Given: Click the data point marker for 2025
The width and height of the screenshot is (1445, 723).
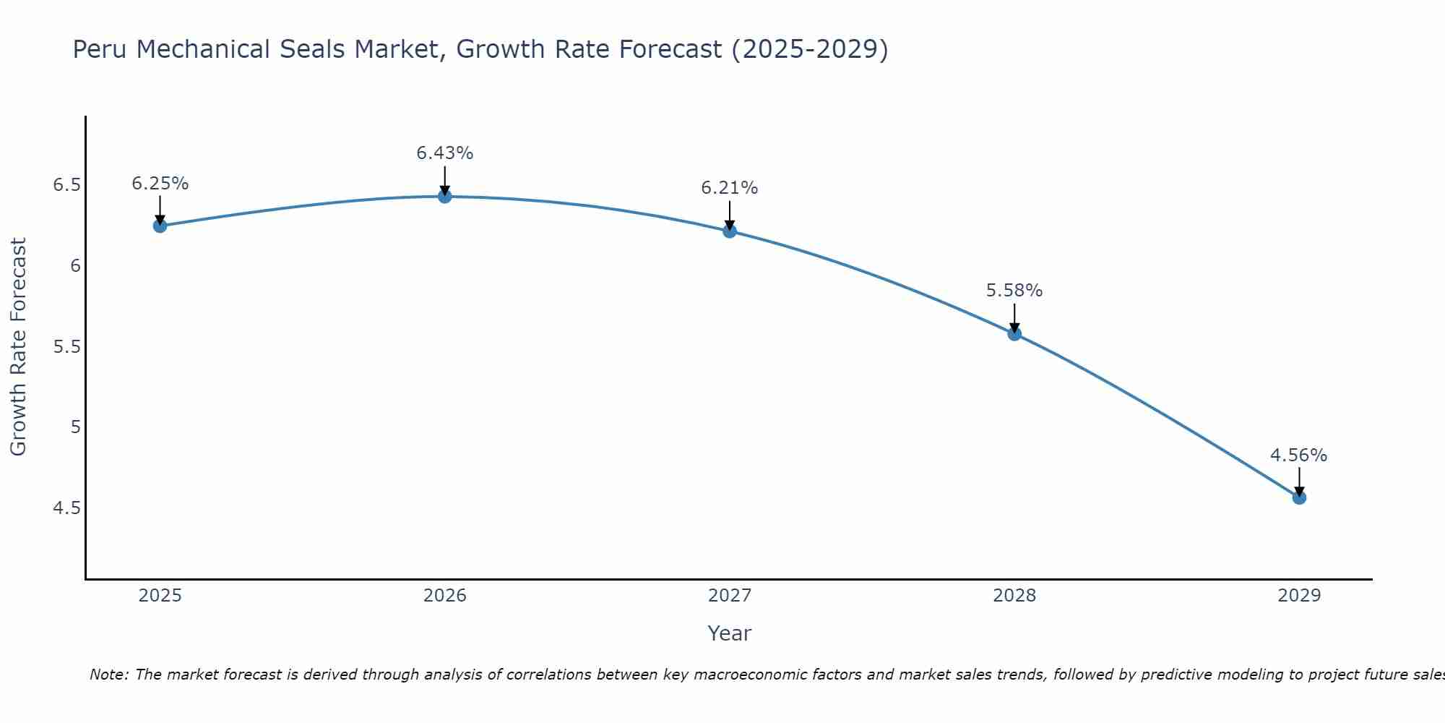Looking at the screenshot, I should tap(160, 226).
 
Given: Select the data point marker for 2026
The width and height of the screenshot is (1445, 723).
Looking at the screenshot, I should tap(444, 196).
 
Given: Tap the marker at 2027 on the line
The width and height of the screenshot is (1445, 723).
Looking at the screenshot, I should tap(729, 231).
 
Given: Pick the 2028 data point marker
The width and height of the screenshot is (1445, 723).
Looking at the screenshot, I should tap(1014, 334).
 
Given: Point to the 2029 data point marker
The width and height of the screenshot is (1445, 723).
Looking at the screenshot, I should tap(1299, 497).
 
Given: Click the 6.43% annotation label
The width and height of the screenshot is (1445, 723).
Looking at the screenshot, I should tap(444, 153).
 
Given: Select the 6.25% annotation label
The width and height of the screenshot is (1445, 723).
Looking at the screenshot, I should tap(160, 184).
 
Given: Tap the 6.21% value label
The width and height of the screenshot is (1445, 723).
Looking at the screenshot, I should tap(729, 188).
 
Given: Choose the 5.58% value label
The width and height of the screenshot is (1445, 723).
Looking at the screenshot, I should tap(1014, 291).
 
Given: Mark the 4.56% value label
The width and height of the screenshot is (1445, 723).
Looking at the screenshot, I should tap(1298, 455).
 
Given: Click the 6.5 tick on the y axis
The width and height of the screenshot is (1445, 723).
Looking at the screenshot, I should tap(66, 185).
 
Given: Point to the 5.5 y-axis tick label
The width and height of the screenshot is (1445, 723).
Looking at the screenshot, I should tap(66, 347).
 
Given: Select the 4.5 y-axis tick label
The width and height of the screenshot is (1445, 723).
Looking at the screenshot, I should tap(66, 508).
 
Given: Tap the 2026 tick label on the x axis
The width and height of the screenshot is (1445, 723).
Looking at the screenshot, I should tap(444, 596).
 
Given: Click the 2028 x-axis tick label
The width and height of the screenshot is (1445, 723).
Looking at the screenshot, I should tap(1014, 596).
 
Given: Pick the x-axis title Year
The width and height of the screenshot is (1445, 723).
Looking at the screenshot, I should tap(729, 633).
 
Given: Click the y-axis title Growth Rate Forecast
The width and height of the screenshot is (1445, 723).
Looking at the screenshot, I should tap(18, 347).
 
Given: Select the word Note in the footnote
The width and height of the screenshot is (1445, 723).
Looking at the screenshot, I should tap(108, 675).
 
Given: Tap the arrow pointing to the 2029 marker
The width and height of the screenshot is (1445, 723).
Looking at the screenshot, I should tap(1299, 482).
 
